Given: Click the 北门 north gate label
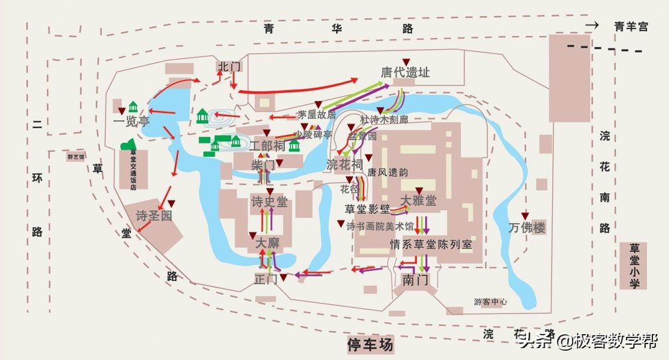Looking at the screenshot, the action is point(229,66).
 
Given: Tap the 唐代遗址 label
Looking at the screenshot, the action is point(405,72).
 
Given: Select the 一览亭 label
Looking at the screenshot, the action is point(131,122).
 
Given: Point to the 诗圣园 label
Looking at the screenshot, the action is point(153,216).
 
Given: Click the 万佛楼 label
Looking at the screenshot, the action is point(527,228).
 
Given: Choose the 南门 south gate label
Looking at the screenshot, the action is point(415,280).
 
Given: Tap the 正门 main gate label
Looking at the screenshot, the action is point(266,280).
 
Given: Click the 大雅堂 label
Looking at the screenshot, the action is point(419,200).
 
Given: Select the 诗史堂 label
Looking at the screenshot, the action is point(269,201).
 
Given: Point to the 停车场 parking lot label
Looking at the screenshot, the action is point(370,345).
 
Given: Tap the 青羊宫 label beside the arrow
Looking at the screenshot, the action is point(630,27).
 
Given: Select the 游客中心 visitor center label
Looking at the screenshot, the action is point(490,302).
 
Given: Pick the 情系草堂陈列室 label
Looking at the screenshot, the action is point(431,244).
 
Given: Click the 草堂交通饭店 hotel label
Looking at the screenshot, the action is point(133,169).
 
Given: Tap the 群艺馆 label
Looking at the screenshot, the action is point(76,157).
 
